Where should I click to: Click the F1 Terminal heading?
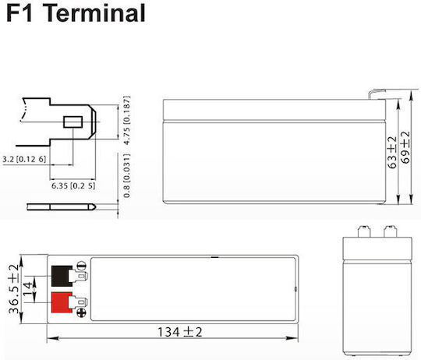point(76,13)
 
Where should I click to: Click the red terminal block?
point(62,302)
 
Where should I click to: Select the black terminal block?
point(62,276)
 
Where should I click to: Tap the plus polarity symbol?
point(81,312)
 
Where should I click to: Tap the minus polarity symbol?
point(81,266)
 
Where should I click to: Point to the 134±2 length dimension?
point(179,332)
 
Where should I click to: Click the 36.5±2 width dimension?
point(13,289)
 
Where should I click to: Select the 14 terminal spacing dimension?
point(28,289)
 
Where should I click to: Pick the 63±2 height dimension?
point(392,153)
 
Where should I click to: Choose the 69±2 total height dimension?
point(405,147)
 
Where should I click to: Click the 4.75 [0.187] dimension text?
point(127,120)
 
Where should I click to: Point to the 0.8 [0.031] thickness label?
point(127,175)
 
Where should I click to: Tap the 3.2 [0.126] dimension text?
point(24,159)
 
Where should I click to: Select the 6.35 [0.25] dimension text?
point(73,185)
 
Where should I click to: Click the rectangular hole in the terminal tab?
point(73,122)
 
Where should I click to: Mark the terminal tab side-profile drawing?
point(62,206)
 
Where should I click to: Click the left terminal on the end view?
point(364,231)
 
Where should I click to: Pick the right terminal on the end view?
point(390,231)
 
